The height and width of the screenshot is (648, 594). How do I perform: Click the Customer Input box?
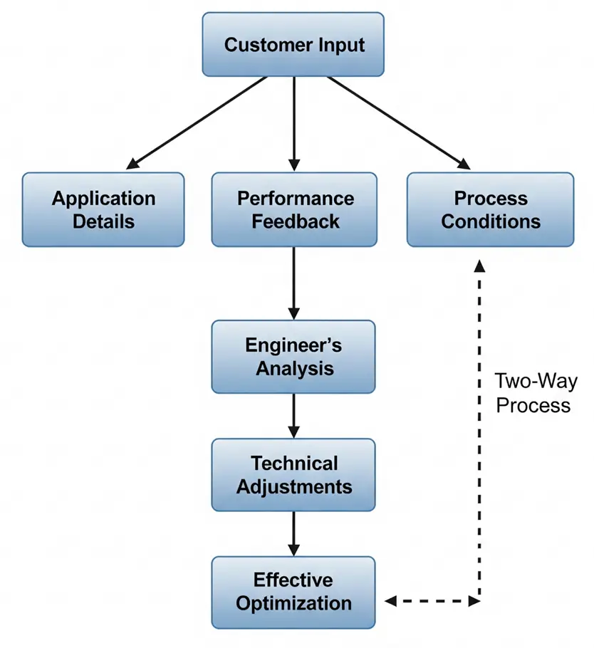point(293,44)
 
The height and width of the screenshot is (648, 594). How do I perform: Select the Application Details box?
point(103,209)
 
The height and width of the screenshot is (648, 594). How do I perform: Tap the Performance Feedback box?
point(294,209)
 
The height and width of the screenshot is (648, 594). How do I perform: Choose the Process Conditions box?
point(490,209)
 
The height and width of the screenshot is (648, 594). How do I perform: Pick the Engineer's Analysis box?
point(293,357)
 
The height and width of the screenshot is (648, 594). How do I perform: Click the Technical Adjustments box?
point(293,474)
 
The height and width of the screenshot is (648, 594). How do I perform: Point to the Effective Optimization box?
point(293,592)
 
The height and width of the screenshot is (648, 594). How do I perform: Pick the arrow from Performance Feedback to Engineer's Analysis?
point(294,283)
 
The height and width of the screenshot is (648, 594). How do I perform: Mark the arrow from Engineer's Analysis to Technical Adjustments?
point(294,415)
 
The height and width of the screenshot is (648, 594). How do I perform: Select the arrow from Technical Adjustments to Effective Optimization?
point(294,533)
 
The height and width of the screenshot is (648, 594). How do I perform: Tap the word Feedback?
point(295,221)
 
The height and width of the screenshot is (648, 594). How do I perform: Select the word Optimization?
point(294,604)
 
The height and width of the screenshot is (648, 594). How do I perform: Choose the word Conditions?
point(491,221)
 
